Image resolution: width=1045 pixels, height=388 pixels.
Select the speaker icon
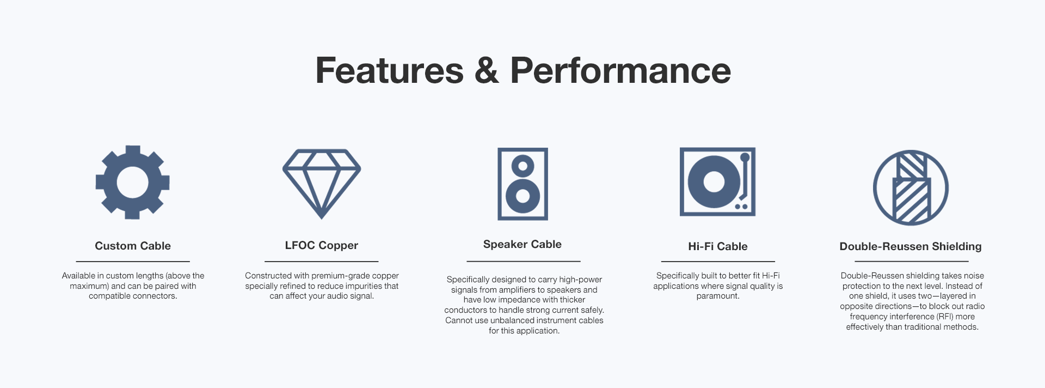[x=522, y=184]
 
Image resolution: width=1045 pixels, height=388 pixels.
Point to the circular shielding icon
[x=875, y=188]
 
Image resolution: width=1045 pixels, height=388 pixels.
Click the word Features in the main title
[x=389, y=70]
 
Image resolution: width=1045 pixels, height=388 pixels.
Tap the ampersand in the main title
[x=487, y=70]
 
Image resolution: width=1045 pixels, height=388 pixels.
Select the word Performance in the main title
[x=620, y=70]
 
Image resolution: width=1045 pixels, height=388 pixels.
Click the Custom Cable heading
[x=133, y=246]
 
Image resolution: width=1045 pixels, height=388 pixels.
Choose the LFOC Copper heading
[x=322, y=245]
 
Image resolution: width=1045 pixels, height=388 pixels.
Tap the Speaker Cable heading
[x=522, y=244]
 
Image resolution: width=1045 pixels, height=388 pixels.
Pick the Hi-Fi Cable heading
[x=718, y=246]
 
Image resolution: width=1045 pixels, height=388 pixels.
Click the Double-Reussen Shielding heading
[x=911, y=246]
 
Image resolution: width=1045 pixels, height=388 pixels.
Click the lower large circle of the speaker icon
[x=522, y=195]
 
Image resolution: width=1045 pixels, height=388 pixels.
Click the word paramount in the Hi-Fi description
[x=718, y=296]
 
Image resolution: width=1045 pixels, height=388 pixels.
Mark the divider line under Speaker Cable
[x=524, y=262]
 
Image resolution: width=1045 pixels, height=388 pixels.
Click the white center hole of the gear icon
[x=132, y=183]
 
